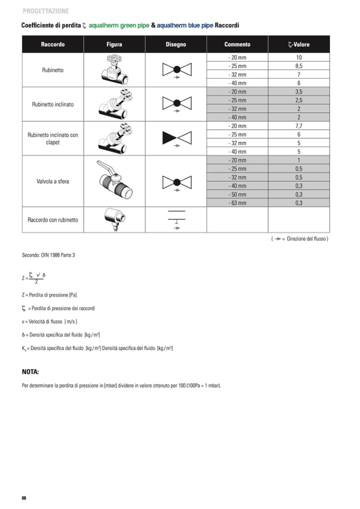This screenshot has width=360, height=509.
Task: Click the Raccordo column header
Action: tap(53, 45)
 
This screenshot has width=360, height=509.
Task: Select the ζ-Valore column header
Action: tap(298, 45)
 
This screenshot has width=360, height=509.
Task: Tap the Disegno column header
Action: tap(176, 45)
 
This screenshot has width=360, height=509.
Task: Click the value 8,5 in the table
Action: tap(298, 66)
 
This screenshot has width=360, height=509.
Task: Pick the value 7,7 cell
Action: tap(298, 126)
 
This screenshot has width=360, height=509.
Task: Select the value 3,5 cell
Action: tap(298, 92)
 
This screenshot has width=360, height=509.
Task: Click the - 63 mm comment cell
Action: tap(237, 203)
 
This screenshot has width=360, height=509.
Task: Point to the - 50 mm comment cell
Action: tap(237, 194)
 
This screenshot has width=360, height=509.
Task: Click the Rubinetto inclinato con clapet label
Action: tap(53, 139)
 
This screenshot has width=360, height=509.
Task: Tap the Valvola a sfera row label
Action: tap(53, 182)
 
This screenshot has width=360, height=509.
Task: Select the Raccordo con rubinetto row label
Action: tap(53, 220)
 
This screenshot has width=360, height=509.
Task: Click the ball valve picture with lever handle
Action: tap(114, 181)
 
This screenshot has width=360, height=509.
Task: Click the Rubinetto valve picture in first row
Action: tap(114, 70)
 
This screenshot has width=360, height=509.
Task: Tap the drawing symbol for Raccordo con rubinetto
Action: tap(176, 219)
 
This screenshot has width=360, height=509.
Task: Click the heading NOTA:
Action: tap(30, 372)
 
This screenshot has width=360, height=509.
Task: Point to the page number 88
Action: tap(24, 498)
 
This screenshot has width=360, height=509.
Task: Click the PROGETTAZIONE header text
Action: tap(46, 11)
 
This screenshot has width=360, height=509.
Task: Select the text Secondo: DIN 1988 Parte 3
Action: tap(48, 255)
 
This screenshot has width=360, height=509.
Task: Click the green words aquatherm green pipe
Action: tap(119, 25)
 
